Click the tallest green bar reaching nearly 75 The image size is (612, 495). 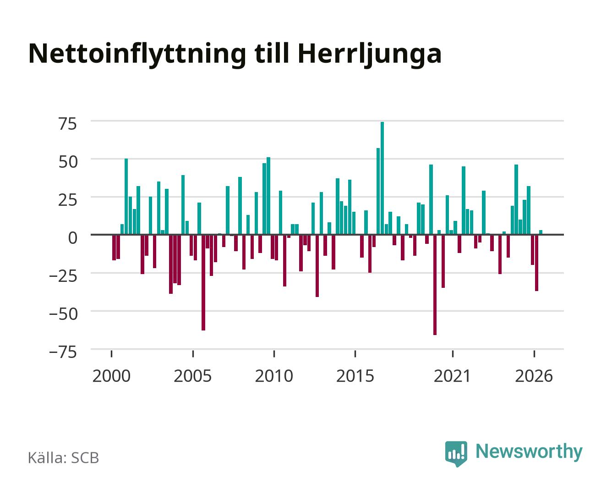(382, 178)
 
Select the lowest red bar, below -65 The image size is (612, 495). (435, 285)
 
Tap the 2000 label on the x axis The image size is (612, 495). (111, 376)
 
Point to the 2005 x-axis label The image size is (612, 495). (193, 376)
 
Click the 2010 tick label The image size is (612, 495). (274, 376)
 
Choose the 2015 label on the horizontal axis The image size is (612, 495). (355, 376)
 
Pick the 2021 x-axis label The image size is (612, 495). (452, 376)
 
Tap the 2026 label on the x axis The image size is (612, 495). (534, 376)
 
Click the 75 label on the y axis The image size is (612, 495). (68, 124)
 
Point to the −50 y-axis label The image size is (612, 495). (63, 314)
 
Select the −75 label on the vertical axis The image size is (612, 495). (63, 352)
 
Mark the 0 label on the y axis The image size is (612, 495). (73, 238)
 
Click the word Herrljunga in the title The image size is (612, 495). (370, 55)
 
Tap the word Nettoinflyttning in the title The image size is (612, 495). (137, 55)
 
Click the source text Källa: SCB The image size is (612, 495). (64, 458)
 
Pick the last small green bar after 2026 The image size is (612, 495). (541, 232)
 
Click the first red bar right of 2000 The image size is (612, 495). (114, 247)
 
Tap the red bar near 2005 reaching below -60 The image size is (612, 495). (203, 283)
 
